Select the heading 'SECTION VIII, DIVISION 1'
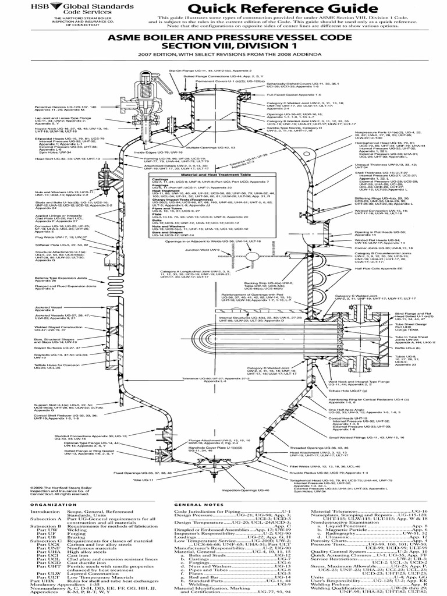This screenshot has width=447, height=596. click(x=223, y=46)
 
